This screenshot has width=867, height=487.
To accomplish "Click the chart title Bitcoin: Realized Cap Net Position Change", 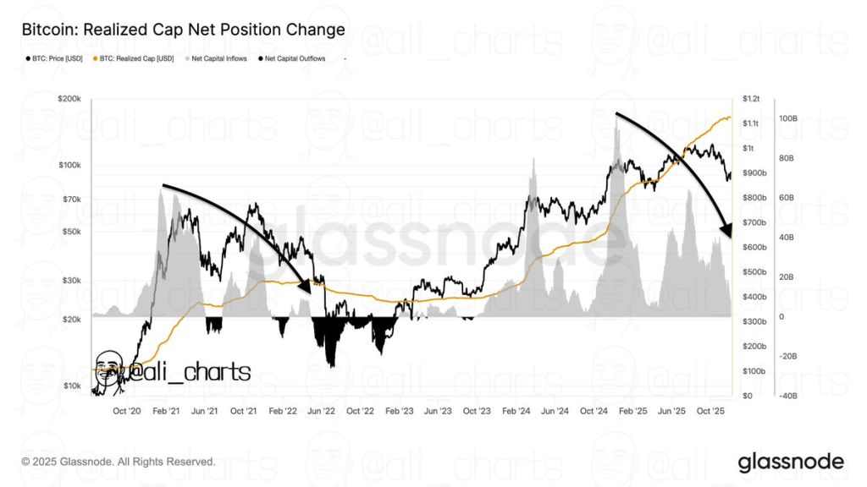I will click(183, 30).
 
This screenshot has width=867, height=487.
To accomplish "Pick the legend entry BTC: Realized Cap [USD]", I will click(135, 58).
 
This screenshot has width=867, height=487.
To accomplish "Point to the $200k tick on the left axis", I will click(69, 99).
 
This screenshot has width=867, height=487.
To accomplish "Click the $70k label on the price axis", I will click(70, 200).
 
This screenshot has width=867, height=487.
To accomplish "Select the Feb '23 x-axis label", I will click(399, 411).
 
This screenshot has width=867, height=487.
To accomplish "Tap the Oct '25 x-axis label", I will click(710, 411).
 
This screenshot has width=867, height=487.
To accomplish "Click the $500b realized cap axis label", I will click(753, 272).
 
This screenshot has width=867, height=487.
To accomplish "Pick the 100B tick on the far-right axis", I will click(787, 119).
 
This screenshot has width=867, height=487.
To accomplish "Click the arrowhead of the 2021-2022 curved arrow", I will click(309, 284).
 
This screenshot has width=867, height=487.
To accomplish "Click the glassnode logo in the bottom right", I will click(791, 462).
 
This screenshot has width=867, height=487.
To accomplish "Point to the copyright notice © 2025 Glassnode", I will click(119, 462).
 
